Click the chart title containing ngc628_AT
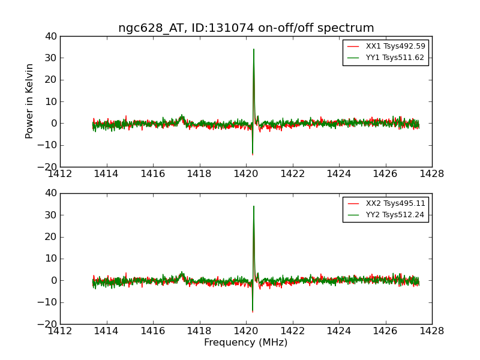point(246,28)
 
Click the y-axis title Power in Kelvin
point(29,101)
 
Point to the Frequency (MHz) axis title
point(246,343)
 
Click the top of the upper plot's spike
point(254,49)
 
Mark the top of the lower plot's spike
point(254,206)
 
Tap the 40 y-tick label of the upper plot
point(50,37)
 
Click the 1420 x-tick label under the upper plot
point(246,173)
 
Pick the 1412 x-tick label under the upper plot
point(60,173)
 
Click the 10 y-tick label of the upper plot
point(50,101)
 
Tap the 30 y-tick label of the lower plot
point(50,215)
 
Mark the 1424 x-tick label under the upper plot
point(338,173)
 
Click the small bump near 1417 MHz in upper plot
point(182,116)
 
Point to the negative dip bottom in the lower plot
point(253,311)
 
